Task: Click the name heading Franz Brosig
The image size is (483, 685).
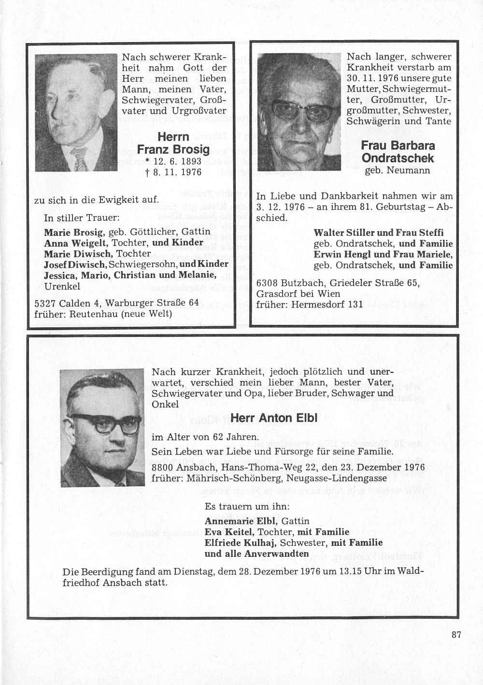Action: click(x=173, y=149)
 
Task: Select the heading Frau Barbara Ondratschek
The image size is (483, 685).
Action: click(x=398, y=152)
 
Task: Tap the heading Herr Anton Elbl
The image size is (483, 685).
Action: click(x=274, y=418)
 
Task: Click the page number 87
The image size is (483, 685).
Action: click(x=456, y=634)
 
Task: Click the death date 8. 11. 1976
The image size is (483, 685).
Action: click(x=173, y=172)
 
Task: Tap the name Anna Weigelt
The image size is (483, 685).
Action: click(x=72, y=242)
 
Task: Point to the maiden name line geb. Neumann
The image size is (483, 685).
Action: click(x=397, y=170)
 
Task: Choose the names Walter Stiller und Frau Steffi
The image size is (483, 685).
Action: click(x=379, y=233)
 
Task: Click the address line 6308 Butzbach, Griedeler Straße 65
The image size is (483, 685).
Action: click(x=338, y=283)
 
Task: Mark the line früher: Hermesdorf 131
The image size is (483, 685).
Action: click(x=309, y=305)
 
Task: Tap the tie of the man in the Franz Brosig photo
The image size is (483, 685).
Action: click(x=79, y=159)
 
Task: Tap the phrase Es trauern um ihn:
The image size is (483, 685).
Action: click(x=247, y=507)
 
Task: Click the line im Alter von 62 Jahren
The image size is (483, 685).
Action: click(x=205, y=437)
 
